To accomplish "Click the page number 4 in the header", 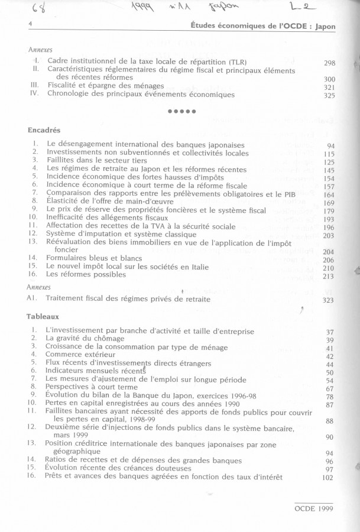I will (x=30, y=24).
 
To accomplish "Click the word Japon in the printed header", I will (x=324, y=26).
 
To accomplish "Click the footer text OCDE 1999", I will (x=314, y=507).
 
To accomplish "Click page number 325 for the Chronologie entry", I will (x=330, y=95).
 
